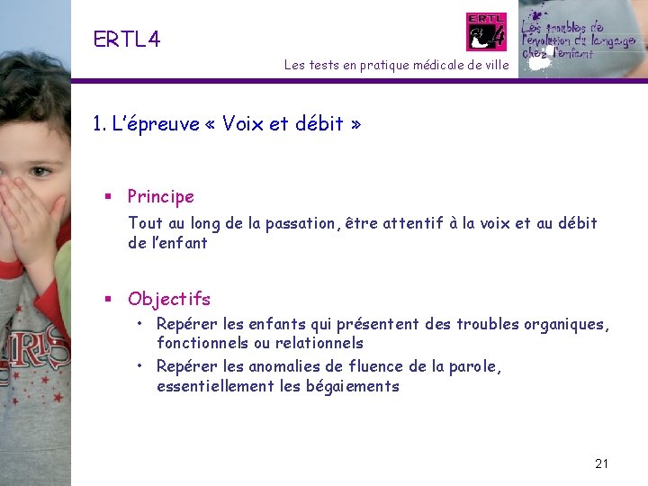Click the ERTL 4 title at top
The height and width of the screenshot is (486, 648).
[x=126, y=39]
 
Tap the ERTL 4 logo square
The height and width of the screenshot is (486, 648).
[x=486, y=31]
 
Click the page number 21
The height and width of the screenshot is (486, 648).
[x=602, y=463]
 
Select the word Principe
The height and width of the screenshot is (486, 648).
[x=160, y=196]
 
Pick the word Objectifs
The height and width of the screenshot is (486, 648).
[x=169, y=299]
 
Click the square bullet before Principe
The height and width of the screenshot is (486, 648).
[x=107, y=197]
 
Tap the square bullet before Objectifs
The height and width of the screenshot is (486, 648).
[x=107, y=300]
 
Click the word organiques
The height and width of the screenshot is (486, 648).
[x=563, y=324]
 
